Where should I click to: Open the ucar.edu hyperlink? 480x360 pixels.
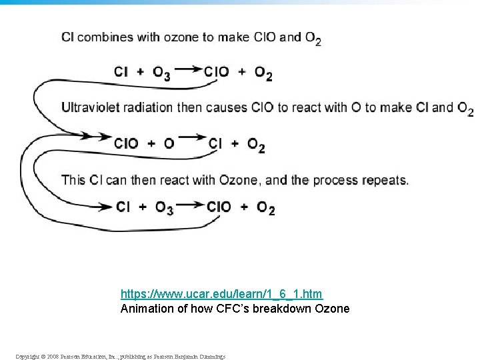(221, 294)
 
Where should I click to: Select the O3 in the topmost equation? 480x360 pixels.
(161, 73)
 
